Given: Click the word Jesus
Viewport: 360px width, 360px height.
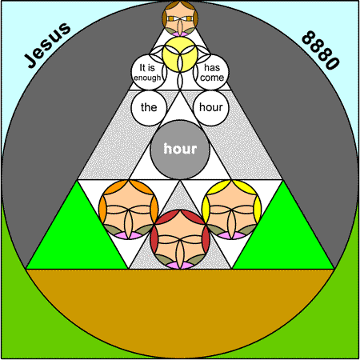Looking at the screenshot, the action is click(x=47, y=45).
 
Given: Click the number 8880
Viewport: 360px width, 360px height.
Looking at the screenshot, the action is click(x=321, y=50).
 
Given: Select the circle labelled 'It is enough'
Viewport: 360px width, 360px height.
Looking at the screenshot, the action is click(x=149, y=72).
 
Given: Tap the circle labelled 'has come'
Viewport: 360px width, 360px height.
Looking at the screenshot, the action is click(x=211, y=72).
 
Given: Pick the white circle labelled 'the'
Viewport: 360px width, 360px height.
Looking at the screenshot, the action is click(x=149, y=108).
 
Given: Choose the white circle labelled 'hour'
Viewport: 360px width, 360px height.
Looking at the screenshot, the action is click(x=211, y=108).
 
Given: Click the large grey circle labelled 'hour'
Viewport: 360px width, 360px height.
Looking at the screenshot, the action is click(x=180, y=150).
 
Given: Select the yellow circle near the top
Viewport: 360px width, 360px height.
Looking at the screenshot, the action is click(x=180, y=54).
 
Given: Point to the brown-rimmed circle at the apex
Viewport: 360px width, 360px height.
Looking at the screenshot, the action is click(x=180, y=18).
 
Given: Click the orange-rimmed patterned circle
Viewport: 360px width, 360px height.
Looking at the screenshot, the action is click(x=128, y=210).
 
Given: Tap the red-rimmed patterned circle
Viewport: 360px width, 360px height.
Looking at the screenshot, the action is click(x=180, y=239).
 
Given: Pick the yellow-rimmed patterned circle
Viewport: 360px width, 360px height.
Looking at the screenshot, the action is click(x=232, y=210).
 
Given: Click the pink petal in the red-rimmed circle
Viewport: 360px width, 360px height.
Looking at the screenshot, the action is click(x=180, y=266).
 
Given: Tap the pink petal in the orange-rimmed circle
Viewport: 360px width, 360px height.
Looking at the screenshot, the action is click(x=128, y=236).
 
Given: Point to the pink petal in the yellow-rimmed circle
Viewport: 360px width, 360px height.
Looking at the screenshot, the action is click(x=232, y=236).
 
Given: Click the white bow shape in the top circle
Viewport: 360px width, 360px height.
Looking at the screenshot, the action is click(x=180, y=18).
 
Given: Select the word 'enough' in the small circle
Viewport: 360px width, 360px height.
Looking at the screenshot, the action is click(x=147, y=78).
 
